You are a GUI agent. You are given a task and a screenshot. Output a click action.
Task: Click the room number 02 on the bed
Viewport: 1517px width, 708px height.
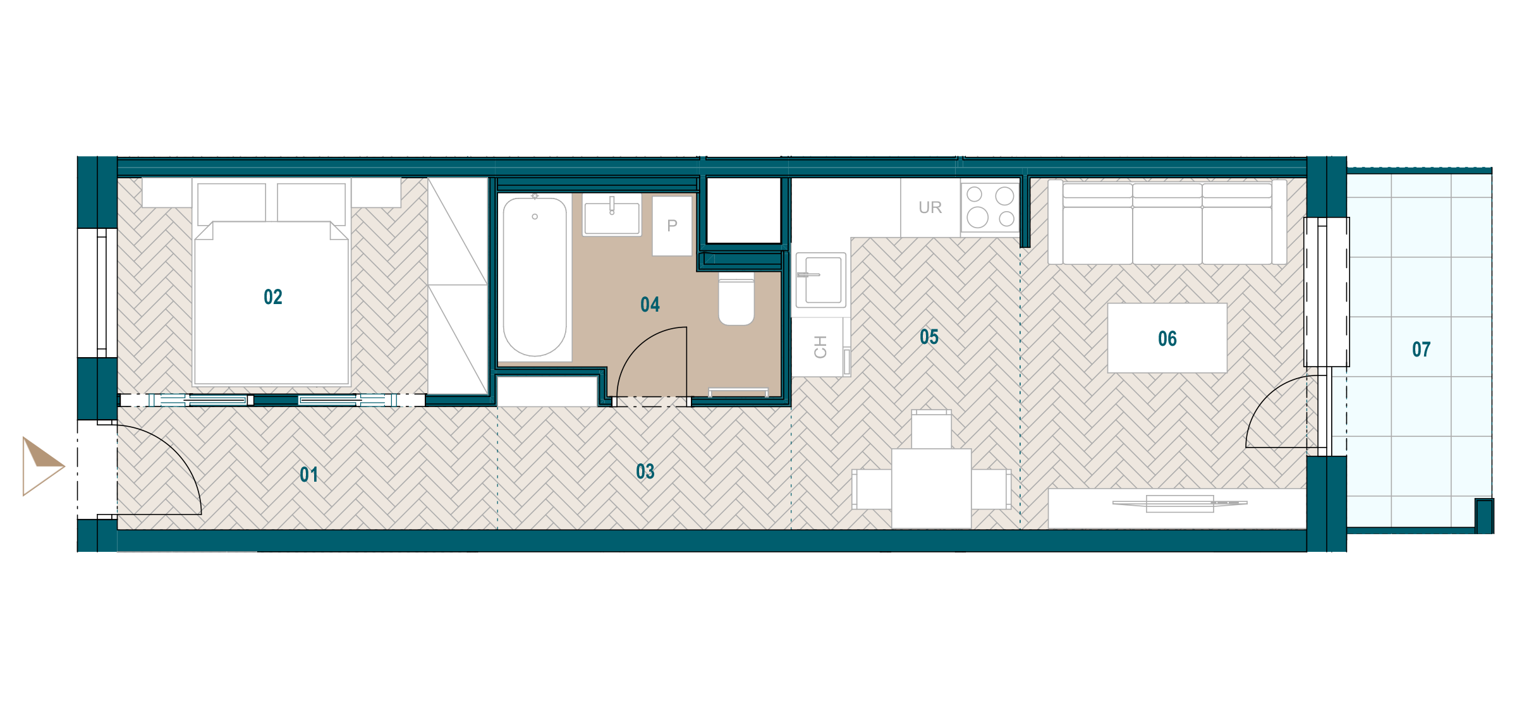click(x=273, y=297)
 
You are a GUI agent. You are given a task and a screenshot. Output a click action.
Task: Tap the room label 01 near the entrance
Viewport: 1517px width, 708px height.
click(x=309, y=475)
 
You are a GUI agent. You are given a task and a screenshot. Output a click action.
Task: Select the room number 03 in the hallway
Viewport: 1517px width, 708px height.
click(x=645, y=472)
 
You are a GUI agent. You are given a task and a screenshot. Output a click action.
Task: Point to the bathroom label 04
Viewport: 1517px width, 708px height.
click(x=650, y=305)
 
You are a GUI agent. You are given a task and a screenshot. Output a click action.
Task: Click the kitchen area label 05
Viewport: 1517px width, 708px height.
click(x=929, y=337)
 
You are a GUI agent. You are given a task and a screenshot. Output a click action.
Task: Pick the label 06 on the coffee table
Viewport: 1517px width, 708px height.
click(x=1167, y=339)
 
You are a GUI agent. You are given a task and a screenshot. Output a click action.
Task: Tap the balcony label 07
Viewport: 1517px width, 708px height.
click(x=1422, y=350)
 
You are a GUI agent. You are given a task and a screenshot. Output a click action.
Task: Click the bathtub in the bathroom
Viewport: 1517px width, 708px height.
click(x=535, y=277)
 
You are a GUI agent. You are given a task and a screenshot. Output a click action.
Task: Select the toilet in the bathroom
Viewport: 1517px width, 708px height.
click(x=736, y=299)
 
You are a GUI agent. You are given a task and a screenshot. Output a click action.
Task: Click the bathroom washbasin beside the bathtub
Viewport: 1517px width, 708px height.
click(x=612, y=215)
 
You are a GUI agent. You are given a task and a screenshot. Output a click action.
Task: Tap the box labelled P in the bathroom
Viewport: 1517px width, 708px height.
click(x=672, y=226)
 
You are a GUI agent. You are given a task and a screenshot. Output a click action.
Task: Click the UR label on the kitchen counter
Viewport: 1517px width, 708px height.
click(x=930, y=207)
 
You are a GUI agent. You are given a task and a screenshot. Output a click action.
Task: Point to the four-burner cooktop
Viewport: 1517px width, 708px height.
click(x=990, y=207)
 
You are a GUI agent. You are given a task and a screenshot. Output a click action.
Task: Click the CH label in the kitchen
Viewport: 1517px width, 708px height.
click(x=820, y=347)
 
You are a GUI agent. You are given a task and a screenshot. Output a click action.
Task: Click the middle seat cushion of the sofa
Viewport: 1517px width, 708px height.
click(x=1167, y=235)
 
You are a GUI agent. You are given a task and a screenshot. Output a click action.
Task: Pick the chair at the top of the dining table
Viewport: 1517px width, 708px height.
click(x=932, y=429)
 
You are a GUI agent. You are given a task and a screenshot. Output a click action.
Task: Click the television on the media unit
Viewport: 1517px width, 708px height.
click(x=1179, y=503)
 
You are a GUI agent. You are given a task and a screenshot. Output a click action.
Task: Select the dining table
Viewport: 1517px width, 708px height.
click(x=931, y=489)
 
